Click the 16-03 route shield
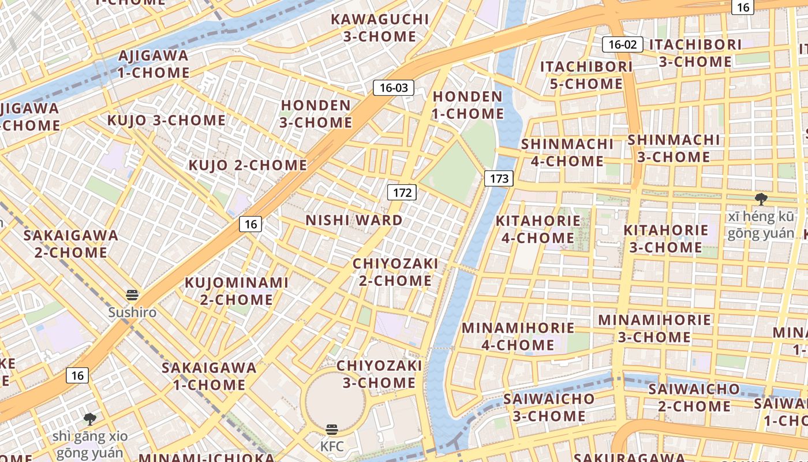(394, 88)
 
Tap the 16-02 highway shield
(622, 44)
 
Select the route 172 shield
(402, 192)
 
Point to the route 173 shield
(499, 178)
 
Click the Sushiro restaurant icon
(132, 296)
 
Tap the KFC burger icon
(332, 430)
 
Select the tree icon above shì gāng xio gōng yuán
(89, 419)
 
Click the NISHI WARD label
(354, 220)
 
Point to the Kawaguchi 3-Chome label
(380, 28)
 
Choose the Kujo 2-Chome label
(248, 165)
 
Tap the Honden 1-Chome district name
(467, 105)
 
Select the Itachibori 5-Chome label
(586, 75)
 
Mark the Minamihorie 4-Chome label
(518, 337)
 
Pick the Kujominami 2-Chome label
(236, 291)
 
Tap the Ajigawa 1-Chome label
(153, 64)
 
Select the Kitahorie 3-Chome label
(665, 239)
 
